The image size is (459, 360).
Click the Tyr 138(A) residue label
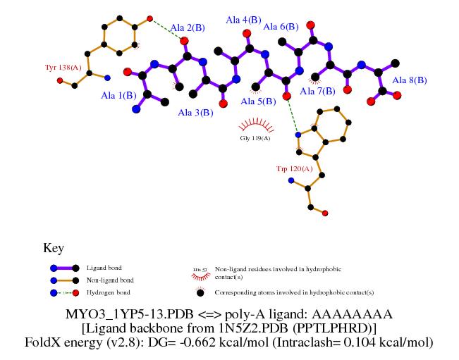(x=63, y=68)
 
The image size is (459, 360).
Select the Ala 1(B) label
(x=119, y=95)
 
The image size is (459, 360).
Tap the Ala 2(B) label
(x=188, y=28)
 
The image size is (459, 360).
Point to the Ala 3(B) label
(x=195, y=113)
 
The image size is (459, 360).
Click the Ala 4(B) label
(x=243, y=20)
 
